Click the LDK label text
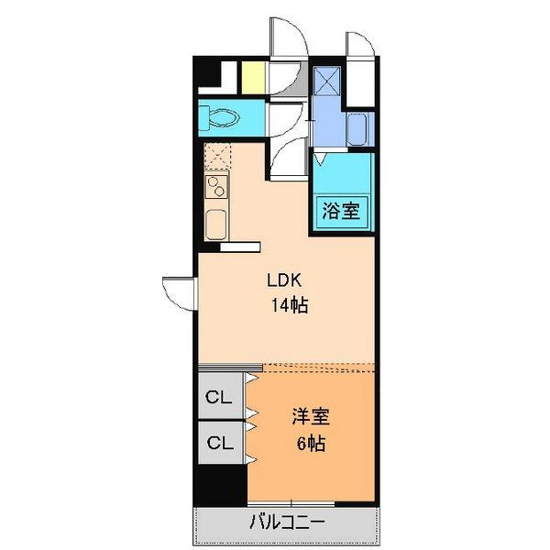click(x=285, y=281)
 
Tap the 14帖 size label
click(x=287, y=306)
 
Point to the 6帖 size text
click(x=310, y=444)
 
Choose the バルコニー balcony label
click(x=286, y=523)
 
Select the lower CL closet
click(x=218, y=443)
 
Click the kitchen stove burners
click(x=218, y=188)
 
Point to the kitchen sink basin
click(x=217, y=223)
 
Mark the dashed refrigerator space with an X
click(x=218, y=157)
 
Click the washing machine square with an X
click(x=326, y=82)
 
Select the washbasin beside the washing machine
click(x=358, y=129)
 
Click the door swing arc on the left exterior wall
click(x=178, y=292)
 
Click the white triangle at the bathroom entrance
click(x=320, y=159)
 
